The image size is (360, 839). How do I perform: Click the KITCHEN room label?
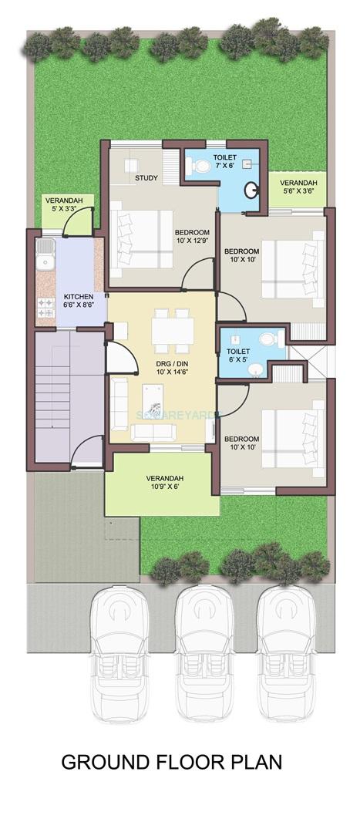(79, 297)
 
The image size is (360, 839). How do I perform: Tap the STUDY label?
(146, 178)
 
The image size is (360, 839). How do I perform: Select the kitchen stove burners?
(45, 307)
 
